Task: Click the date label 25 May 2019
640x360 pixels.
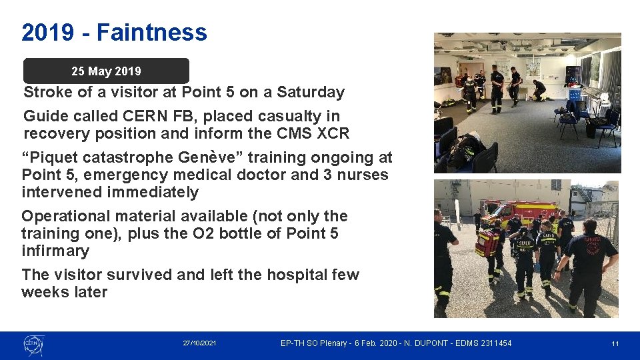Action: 106,71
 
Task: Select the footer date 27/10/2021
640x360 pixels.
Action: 199,343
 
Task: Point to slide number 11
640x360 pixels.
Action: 615,343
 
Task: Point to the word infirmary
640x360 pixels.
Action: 55,251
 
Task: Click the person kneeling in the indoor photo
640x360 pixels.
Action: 539,88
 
